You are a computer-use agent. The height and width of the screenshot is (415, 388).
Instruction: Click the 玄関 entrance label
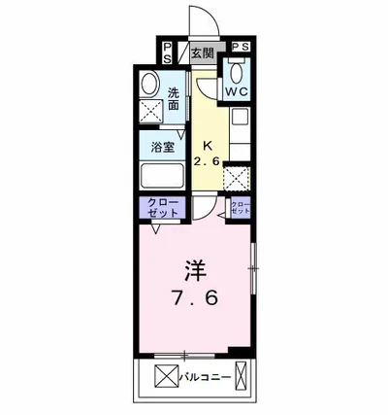pos(202,53)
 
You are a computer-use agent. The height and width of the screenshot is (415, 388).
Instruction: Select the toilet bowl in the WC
pos(238,70)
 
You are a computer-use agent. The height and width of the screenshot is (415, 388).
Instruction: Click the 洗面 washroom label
pos(175,100)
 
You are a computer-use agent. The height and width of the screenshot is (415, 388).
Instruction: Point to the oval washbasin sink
pos(149,85)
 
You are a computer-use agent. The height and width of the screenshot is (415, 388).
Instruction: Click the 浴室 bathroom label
pos(162,148)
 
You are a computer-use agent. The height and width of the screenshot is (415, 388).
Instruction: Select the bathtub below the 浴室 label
pos(161,178)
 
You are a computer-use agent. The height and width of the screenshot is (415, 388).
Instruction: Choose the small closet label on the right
pos(240,206)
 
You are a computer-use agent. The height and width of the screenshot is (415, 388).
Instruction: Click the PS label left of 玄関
pos(167,53)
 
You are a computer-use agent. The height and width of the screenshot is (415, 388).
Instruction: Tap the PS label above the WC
pos(240,47)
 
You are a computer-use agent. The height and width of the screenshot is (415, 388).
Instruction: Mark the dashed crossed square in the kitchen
pos(237,178)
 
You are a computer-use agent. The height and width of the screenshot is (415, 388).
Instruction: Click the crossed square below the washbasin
pos(150,111)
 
